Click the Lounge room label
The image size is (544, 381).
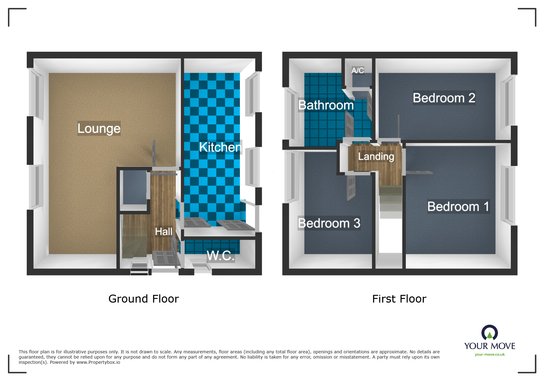(x=99, y=128)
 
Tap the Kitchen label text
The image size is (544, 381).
(x=220, y=147)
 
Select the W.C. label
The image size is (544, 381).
(x=221, y=256)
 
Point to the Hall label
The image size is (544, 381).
(x=163, y=232)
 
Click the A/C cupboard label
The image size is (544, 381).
(x=358, y=70)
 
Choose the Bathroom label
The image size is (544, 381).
(x=326, y=105)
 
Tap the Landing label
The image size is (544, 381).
(x=376, y=157)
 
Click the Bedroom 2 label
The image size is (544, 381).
(x=444, y=98)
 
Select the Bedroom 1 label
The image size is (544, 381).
(x=458, y=207)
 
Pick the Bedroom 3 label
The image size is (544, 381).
(x=329, y=223)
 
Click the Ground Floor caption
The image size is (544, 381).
(x=143, y=299)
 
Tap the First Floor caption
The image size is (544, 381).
(x=399, y=299)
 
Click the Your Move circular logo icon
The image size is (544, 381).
(x=489, y=333)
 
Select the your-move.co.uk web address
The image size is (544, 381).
(x=490, y=355)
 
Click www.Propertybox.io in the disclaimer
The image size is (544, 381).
(x=98, y=363)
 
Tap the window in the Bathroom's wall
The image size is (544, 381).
(x=292, y=114)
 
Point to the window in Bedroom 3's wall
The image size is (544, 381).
(x=292, y=177)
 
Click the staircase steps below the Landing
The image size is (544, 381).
(x=390, y=201)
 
